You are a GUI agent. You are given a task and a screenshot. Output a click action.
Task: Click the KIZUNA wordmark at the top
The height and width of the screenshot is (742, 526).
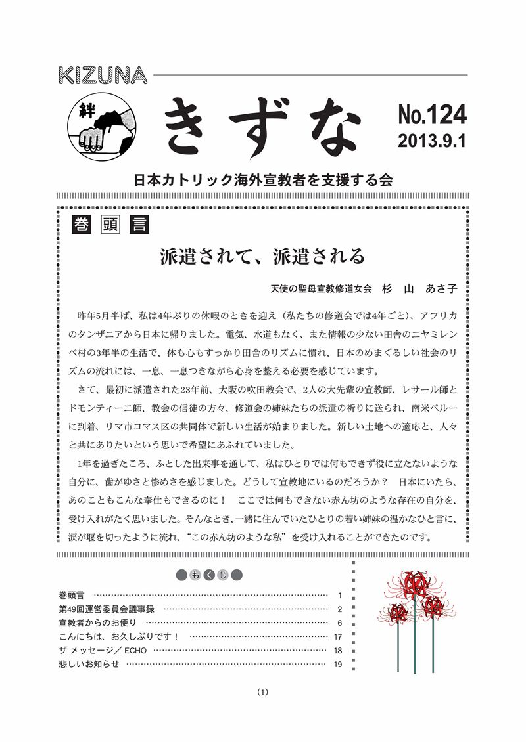[104, 75]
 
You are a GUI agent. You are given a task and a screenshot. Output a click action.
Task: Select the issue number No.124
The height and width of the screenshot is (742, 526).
[431, 115]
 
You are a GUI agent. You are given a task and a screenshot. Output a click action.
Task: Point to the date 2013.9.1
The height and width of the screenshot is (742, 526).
[431, 141]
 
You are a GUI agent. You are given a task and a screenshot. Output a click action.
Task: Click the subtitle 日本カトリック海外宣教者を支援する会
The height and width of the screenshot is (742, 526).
[263, 179]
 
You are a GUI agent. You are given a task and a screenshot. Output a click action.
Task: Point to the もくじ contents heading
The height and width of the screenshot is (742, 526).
[210, 576]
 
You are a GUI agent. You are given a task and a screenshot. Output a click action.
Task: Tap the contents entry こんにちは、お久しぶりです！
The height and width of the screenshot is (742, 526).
[118, 636]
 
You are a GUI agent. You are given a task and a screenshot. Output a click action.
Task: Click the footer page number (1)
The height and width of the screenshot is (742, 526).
[262, 691]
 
